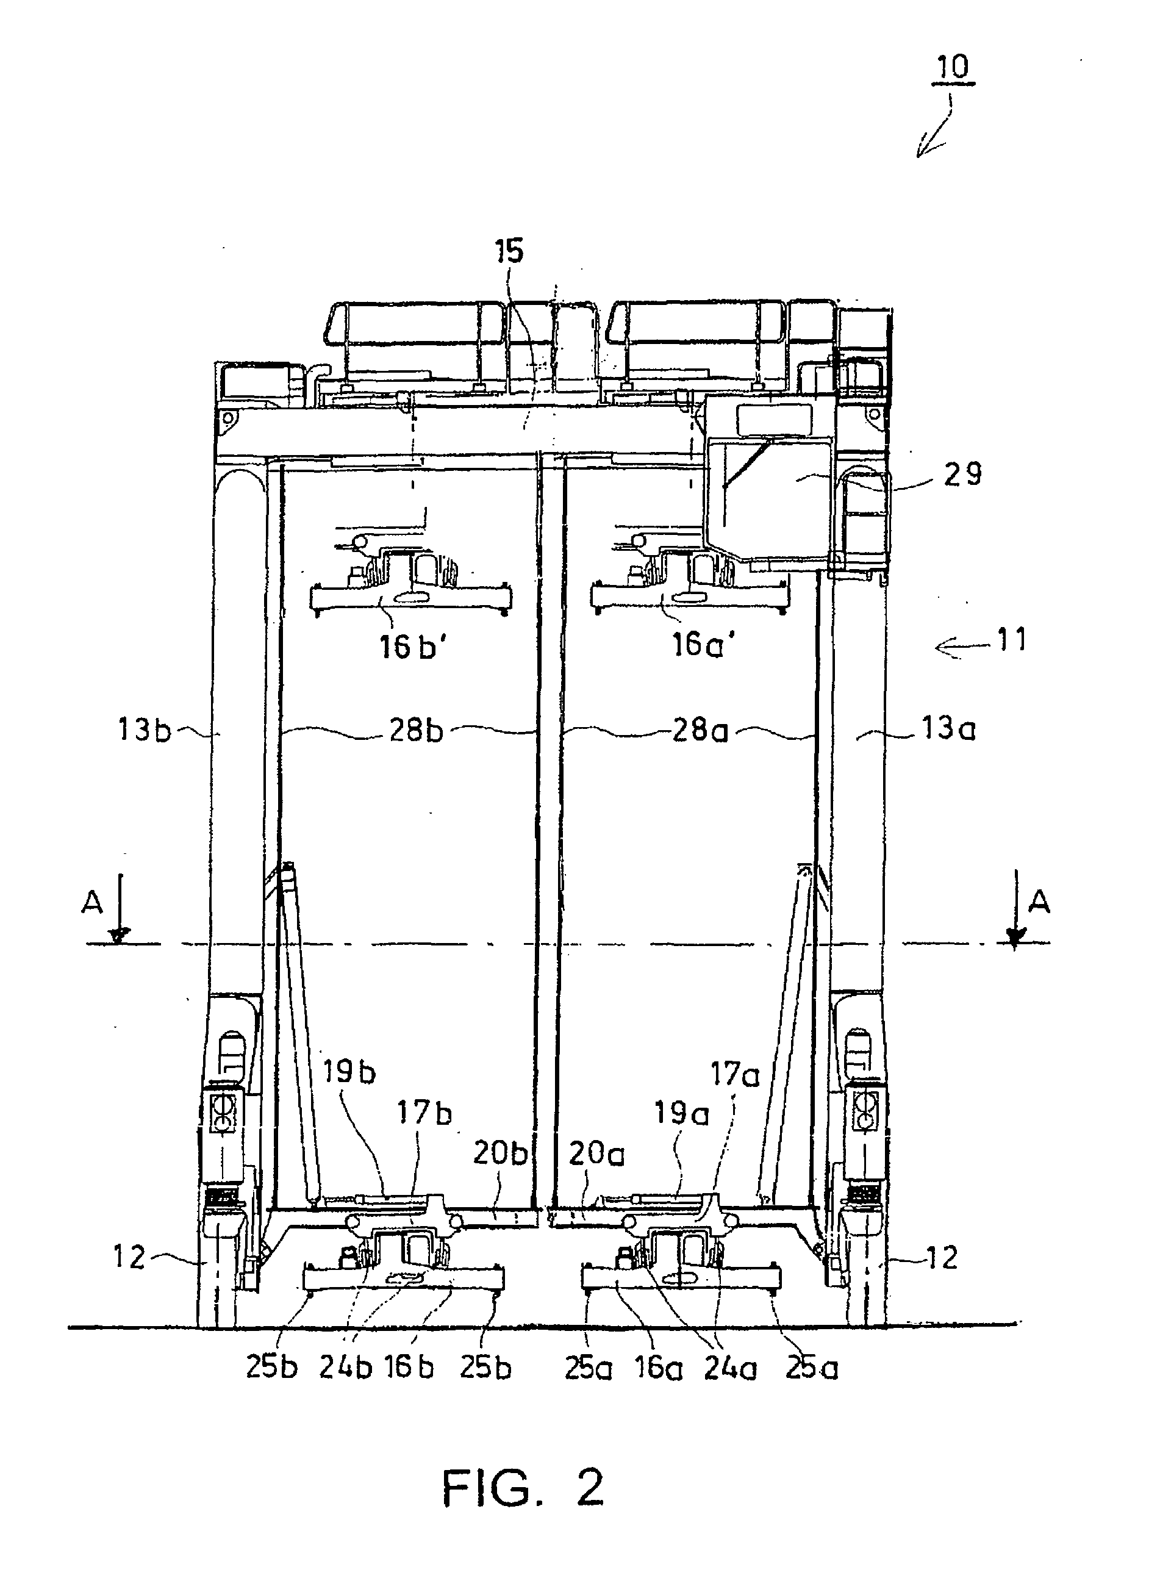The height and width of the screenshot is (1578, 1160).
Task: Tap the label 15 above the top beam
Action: pos(509,252)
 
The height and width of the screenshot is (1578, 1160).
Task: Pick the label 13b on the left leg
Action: pos(144,731)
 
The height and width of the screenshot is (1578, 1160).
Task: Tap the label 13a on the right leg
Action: pos(948,730)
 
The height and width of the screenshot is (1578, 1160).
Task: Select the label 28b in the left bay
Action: pos(416,731)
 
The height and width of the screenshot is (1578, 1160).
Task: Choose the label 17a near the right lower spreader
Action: pos(734,1075)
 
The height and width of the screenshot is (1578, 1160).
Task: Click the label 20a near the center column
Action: pos(596,1154)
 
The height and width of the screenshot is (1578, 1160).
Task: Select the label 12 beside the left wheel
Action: pos(130,1257)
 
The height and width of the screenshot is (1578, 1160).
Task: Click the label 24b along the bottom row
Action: pos(345,1368)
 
